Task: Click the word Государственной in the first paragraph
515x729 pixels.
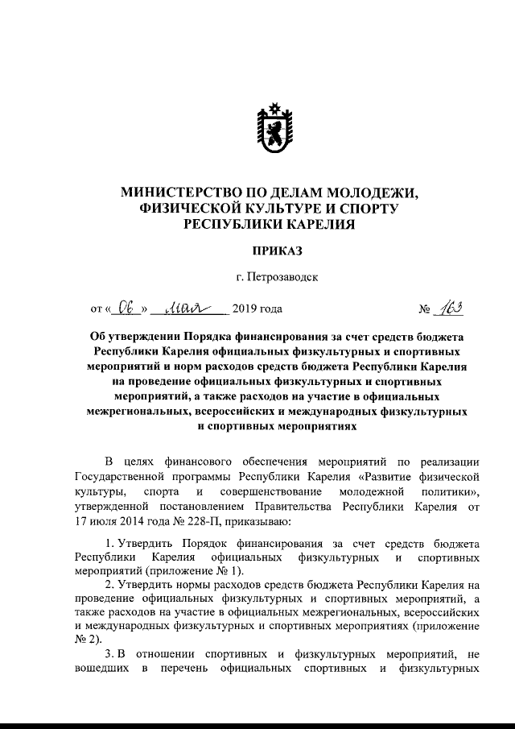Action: tap(116, 476)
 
